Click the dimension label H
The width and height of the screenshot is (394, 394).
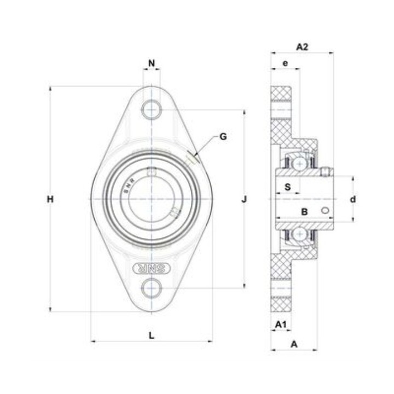tap(50, 200)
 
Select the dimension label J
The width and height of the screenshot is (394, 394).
tap(244, 200)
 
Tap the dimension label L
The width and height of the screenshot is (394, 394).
tap(151, 335)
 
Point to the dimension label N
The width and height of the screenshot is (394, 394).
tap(152, 63)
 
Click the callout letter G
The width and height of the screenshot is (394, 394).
tap(223, 137)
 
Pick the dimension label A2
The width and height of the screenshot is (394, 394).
tap(302, 47)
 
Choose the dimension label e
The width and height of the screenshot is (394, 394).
tap(285, 63)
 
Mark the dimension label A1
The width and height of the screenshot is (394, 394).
tap(281, 325)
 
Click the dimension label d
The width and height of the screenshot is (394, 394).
tap(353, 200)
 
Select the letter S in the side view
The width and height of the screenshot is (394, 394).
tap(287, 187)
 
